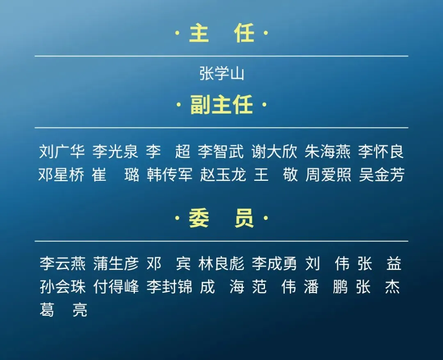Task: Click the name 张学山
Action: [221, 74]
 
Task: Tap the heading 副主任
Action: [221, 105]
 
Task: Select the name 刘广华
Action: [62, 152]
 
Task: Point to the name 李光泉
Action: [115, 152]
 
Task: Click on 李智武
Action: [221, 152]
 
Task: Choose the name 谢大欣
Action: [274, 152]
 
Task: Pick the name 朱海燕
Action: [328, 152]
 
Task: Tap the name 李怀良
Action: [381, 152]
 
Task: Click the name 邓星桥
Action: [62, 175]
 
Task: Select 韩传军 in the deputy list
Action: [169, 175]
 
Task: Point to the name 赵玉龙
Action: [223, 175]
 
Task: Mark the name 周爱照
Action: [328, 175]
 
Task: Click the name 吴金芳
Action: [381, 175]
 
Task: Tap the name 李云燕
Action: [62, 264]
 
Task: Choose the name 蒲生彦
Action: [116, 264]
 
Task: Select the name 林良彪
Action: [221, 264]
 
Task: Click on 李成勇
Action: [274, 264]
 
